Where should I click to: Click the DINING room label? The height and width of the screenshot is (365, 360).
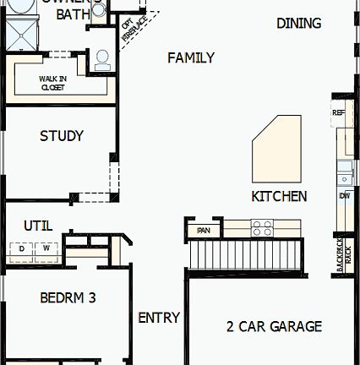(298, 24)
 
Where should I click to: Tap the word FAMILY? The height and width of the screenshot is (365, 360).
(190, 57)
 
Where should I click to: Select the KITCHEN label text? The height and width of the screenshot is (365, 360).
(279, 196)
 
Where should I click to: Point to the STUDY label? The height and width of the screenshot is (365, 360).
(62, 136)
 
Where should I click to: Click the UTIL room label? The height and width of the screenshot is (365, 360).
(37, 226)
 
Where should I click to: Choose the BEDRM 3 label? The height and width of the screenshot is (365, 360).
(68, 297)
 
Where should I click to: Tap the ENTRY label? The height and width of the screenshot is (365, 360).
(159, 318)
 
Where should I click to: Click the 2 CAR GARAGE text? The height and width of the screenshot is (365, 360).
(274, 326)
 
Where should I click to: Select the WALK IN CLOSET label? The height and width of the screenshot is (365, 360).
(52, 83)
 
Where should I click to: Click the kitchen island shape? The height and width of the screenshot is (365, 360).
(277, 149)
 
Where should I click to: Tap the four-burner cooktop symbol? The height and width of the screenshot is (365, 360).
(262, 228)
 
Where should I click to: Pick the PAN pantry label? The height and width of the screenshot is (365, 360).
(204, 230)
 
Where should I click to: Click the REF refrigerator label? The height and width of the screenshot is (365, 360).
(338, 112)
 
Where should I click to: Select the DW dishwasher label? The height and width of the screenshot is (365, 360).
(344, 196)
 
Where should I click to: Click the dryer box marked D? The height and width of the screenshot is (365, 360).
(22, 248)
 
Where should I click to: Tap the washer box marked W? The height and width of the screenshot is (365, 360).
(47, 248)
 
